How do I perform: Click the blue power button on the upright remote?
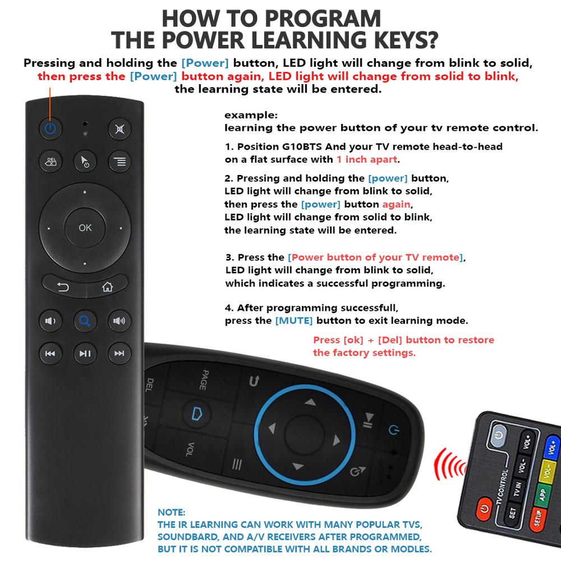click(x=50, y=129)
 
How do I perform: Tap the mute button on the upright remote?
click(x=119, y=129)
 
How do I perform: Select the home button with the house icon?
click(x=107, y=288)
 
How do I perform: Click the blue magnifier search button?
click(x=85, y=321)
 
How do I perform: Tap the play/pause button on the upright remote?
click(x=85, y=353)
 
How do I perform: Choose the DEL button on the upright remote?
click(x=50, y=162)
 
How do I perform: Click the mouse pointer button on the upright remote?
click(x=85, y=162)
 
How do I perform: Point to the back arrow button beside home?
click(x=63, y=288)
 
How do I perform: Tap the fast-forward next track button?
click(x=119, y=353)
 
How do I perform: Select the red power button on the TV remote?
click(x=483, y=510)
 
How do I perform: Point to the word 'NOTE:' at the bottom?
click(x=171, y=513)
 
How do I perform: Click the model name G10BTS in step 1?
click(x=302, y=146)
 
